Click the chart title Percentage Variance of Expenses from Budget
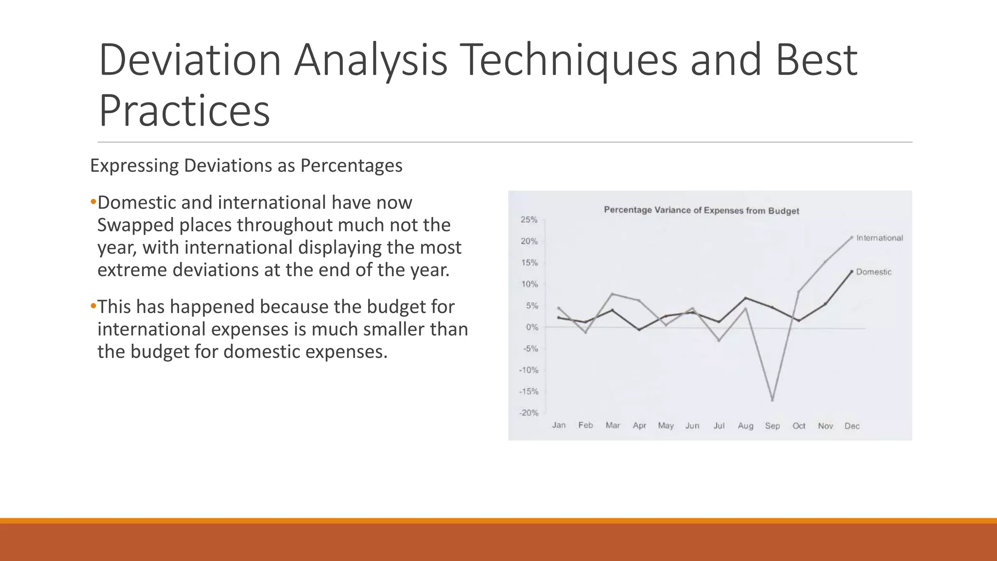(x=701, y=210)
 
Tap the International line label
(x=879, y=238)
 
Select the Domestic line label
(x=873, y=272)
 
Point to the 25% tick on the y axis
(x=529, y=220)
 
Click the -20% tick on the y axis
(x=529, y=413)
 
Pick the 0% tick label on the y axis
(x=532, y=327)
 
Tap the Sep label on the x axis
(x=772, y=426)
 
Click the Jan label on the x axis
(x=559, y=425)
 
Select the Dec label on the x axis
(x=852, y=426)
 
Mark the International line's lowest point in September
(x=773, y=400)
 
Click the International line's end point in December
(x=851, y=237)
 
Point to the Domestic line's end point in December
(x=851, y=271)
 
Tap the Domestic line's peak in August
(x=746, y=298)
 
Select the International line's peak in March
(x=612, y=294)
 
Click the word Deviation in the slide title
(x=190, y=60)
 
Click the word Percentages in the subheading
(x=351, y=166)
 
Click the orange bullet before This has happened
(x=93, y=307)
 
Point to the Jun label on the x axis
(x=692, y=426)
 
